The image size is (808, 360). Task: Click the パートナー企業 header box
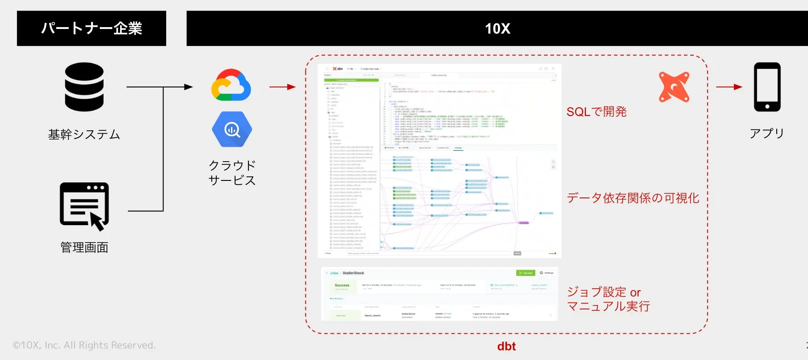(91, 29)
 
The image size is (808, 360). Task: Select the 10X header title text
(497, 29)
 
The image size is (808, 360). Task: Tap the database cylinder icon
(84, 87)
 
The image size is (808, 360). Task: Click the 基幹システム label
(84, 134)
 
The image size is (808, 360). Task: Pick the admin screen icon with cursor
(85, 206)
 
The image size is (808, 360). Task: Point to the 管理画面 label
(84, 247)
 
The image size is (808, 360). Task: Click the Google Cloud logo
(231, 85)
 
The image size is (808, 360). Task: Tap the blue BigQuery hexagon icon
(232, 129)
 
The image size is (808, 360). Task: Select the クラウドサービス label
(232, 173)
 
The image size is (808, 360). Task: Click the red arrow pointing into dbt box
(282, 87)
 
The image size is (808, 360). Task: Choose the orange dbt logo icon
(674, 87)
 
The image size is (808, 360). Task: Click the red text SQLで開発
(596, 112)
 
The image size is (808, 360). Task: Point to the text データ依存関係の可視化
(633, 198)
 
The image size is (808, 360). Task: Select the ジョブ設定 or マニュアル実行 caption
(608, 299)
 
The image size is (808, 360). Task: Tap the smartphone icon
(767, 87)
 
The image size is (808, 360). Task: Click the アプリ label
(767, 134)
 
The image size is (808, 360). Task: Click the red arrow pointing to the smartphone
(729, 87)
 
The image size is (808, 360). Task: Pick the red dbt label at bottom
(506, 346)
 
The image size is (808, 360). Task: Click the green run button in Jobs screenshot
(525, 273)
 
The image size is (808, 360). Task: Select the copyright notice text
(84, 345)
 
